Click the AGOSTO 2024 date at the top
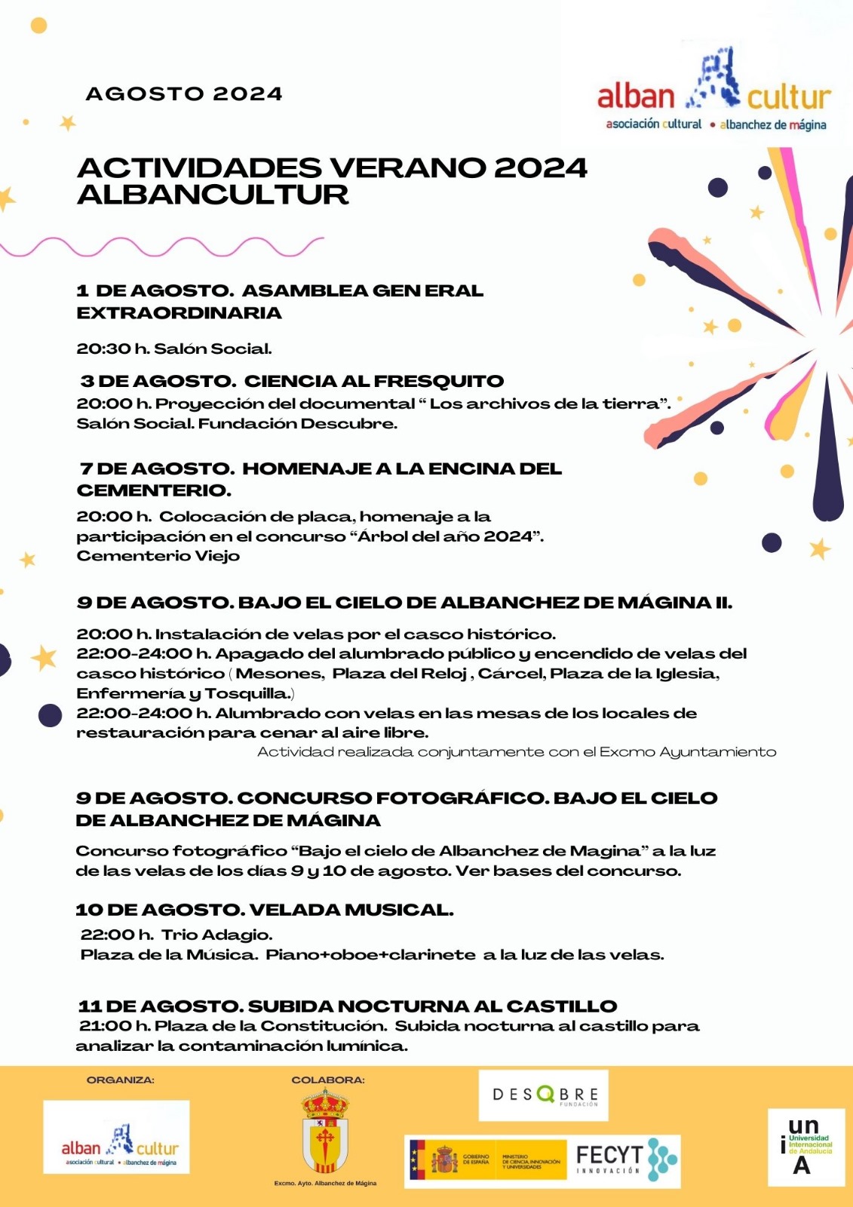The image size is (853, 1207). (184, 94)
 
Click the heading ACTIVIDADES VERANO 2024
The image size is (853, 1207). (332, 167)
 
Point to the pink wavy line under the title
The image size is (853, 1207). (162, 247)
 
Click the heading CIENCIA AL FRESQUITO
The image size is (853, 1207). (373, 381)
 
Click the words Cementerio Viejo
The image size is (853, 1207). (158, 556)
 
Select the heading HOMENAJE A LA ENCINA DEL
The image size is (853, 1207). (401, 468)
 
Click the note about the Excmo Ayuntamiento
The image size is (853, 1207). (517, 751)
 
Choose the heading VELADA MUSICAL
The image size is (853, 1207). (351, 910)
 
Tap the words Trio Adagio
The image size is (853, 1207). (216, 935)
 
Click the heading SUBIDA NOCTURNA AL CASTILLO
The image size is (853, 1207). (432, 1006)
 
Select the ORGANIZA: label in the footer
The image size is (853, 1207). (121, 1080)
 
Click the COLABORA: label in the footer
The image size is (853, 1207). (328, 1080)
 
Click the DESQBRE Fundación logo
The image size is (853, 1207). (544, 1095)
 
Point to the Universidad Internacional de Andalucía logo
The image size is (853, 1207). (805, 1146)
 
